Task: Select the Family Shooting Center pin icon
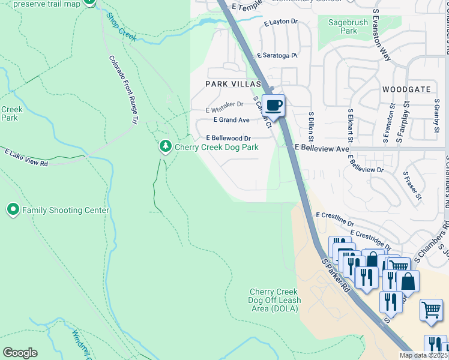pos(13,209)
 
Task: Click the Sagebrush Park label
pos(343,27)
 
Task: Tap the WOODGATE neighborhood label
pos(406,89)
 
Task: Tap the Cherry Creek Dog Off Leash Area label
pos(275,300)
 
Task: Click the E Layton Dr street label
pos(280,22)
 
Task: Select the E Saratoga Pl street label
pos(277,55)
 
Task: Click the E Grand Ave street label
pos(228,120)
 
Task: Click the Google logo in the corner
pos(20,353)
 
